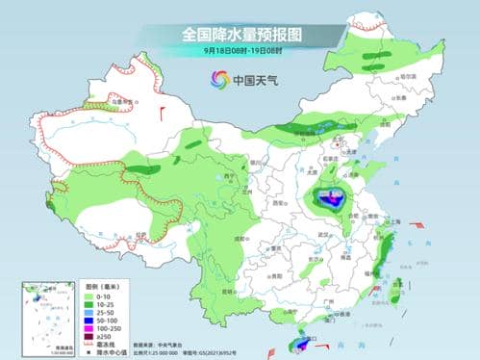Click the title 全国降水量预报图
(x=240, y=33)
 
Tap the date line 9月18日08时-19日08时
(x=240, y=49)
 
